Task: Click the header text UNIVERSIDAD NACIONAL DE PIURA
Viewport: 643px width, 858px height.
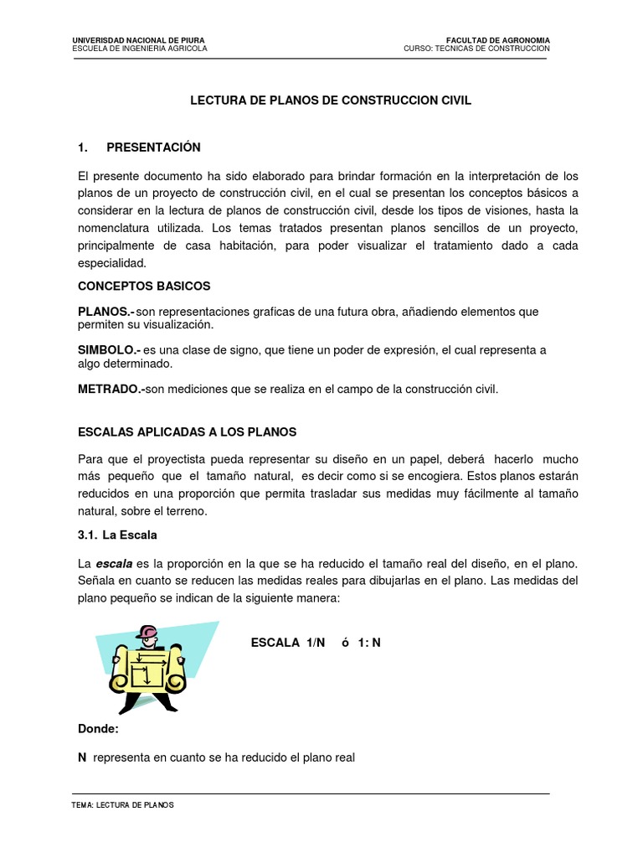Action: [138, 39]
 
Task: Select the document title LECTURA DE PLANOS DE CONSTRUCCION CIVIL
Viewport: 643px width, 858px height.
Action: [332, 101]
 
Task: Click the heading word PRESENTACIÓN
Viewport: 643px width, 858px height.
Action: [153, 147]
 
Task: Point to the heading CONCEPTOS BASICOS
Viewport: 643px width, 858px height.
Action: [144, 286]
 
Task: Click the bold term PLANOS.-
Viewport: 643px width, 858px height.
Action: [105, 312]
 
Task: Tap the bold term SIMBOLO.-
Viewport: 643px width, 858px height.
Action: [109, 350]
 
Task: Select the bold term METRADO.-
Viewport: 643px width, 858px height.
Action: [111, 389]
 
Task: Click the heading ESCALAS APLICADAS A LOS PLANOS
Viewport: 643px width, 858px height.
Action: [187, 432]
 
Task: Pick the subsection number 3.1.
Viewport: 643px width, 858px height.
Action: [87, 534]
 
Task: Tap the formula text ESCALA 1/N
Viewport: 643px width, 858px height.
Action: [287, 643]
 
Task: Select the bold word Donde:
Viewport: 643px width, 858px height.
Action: [98, 729]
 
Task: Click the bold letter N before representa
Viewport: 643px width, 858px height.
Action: [82, 757]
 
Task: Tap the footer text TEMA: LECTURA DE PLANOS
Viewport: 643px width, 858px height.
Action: [124, 804]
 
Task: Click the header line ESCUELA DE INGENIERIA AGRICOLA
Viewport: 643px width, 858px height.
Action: [140, 49]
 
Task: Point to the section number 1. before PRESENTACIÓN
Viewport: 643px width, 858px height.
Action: [83, 147]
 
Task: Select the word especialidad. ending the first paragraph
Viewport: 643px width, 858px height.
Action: [112, 262]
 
